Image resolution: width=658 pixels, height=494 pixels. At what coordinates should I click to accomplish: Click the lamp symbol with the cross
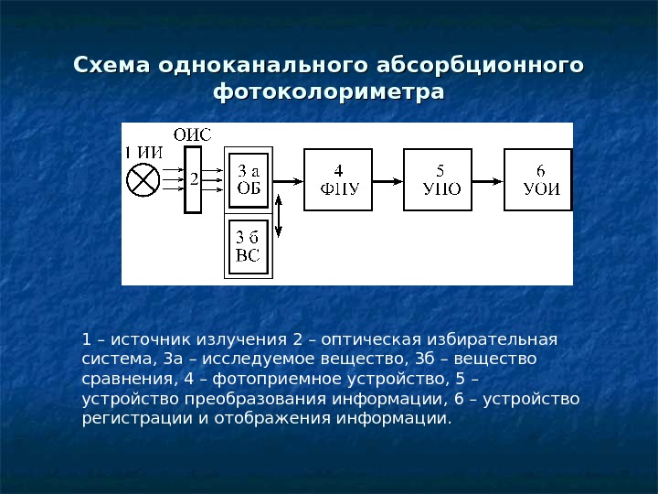point(143,179)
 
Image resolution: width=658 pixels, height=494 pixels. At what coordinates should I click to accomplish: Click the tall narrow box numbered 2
point(192,180)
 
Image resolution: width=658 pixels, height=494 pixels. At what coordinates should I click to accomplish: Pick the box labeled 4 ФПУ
point(339,180)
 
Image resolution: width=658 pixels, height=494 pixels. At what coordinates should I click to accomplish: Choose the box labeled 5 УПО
point(440,180)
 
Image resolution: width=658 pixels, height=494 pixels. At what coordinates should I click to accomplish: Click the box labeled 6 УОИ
point(540,180)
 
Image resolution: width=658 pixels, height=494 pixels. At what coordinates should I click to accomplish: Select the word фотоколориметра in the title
point(328,92)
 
